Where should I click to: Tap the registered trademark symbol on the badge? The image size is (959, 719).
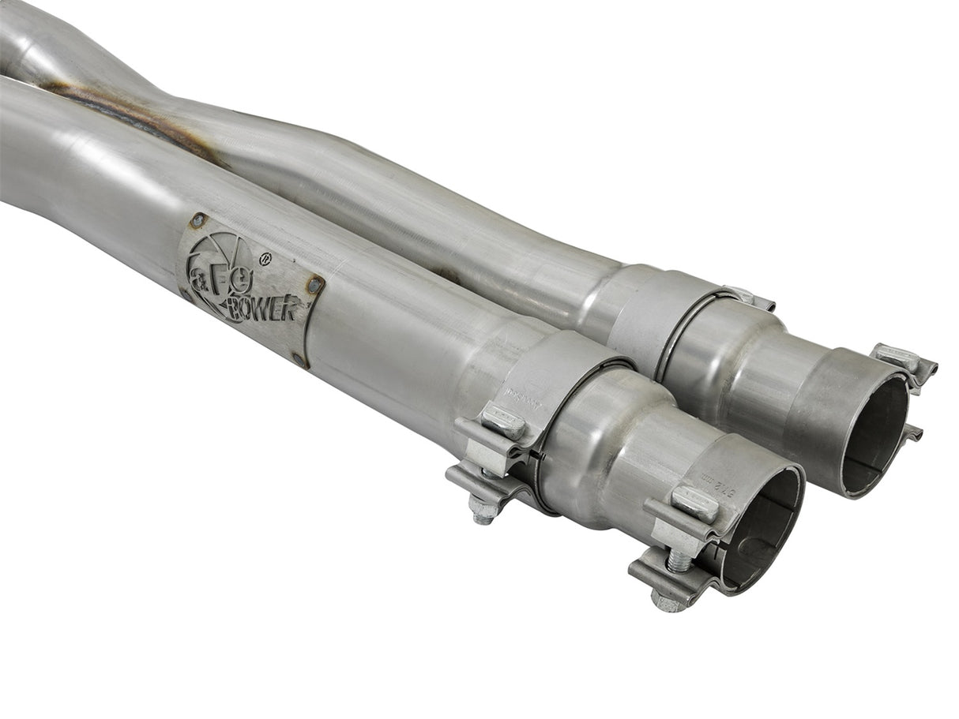(x=265, y=257)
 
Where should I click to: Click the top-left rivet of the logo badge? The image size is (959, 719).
(x=197, y=220)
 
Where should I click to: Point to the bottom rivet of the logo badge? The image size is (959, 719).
(x=299, y=359)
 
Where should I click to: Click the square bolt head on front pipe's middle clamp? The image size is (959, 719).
(x=503, y=422)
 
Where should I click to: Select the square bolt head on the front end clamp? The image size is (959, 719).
(x=694, y=503)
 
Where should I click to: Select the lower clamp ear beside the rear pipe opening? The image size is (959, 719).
(x=913, y=434)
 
